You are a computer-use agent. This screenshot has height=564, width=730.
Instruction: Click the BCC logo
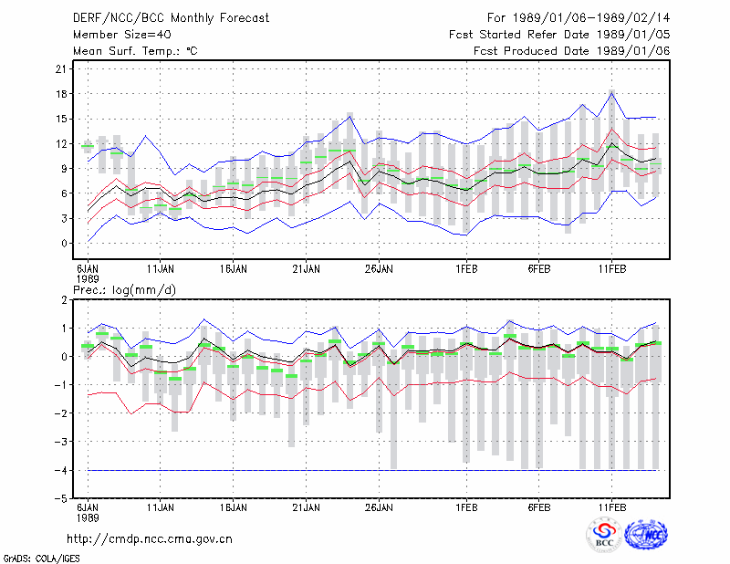604,536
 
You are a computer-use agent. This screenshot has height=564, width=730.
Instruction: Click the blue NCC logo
646,535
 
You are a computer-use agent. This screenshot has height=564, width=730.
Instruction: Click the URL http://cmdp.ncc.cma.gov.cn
150,539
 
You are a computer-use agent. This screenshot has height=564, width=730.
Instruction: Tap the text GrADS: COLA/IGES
41,559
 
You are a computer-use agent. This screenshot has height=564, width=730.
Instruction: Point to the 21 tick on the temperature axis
61,69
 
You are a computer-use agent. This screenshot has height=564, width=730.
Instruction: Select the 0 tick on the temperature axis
64,244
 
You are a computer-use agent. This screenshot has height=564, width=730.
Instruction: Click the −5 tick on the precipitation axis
60,499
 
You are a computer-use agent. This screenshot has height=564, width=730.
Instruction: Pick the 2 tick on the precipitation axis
64,300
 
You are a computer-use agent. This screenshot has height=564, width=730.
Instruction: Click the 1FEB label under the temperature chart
466,269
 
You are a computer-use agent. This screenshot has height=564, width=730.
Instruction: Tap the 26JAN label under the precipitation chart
379,507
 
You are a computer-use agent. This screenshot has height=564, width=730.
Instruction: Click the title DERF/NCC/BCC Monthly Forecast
171,18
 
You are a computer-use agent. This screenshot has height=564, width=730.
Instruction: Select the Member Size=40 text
122,35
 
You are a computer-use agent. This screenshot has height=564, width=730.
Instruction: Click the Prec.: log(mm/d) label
124,290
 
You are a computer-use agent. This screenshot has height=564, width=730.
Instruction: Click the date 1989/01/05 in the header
633,35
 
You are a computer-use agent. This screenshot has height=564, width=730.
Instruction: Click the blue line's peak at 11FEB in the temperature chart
612,93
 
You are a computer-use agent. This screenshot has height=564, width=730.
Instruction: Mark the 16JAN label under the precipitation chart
234,507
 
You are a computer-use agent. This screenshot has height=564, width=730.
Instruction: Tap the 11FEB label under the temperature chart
612,269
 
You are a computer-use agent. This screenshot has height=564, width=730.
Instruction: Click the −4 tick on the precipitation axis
60,470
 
